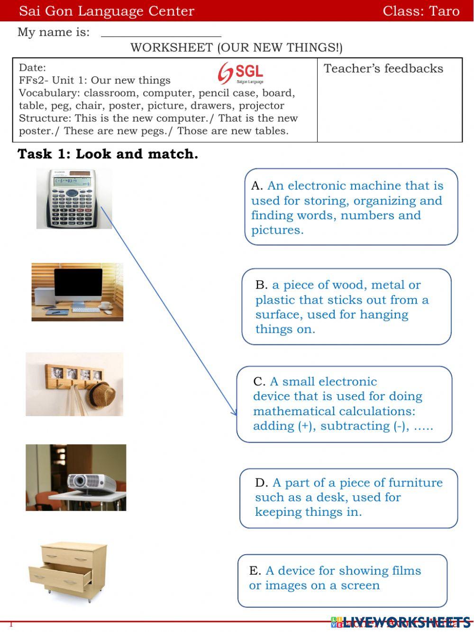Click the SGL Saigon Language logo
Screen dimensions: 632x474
(241, 73)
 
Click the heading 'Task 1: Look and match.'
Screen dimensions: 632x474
(108, 154)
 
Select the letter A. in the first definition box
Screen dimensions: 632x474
(257, 186)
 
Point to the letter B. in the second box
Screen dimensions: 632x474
(261, 285)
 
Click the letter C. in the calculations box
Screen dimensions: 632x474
(259, 381)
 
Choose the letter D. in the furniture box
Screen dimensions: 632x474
(261, 483)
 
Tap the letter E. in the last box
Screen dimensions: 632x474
(255, 570)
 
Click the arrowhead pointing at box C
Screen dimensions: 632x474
(234, 411)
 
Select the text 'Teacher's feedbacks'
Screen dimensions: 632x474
(383, 68)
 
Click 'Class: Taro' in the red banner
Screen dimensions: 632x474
(421, 11)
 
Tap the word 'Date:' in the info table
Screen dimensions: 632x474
(32, 67)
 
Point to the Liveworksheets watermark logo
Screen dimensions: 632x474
(401, 622)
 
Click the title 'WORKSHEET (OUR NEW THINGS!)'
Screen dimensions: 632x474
(236, 47)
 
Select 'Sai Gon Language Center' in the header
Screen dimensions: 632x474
(107, 11)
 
